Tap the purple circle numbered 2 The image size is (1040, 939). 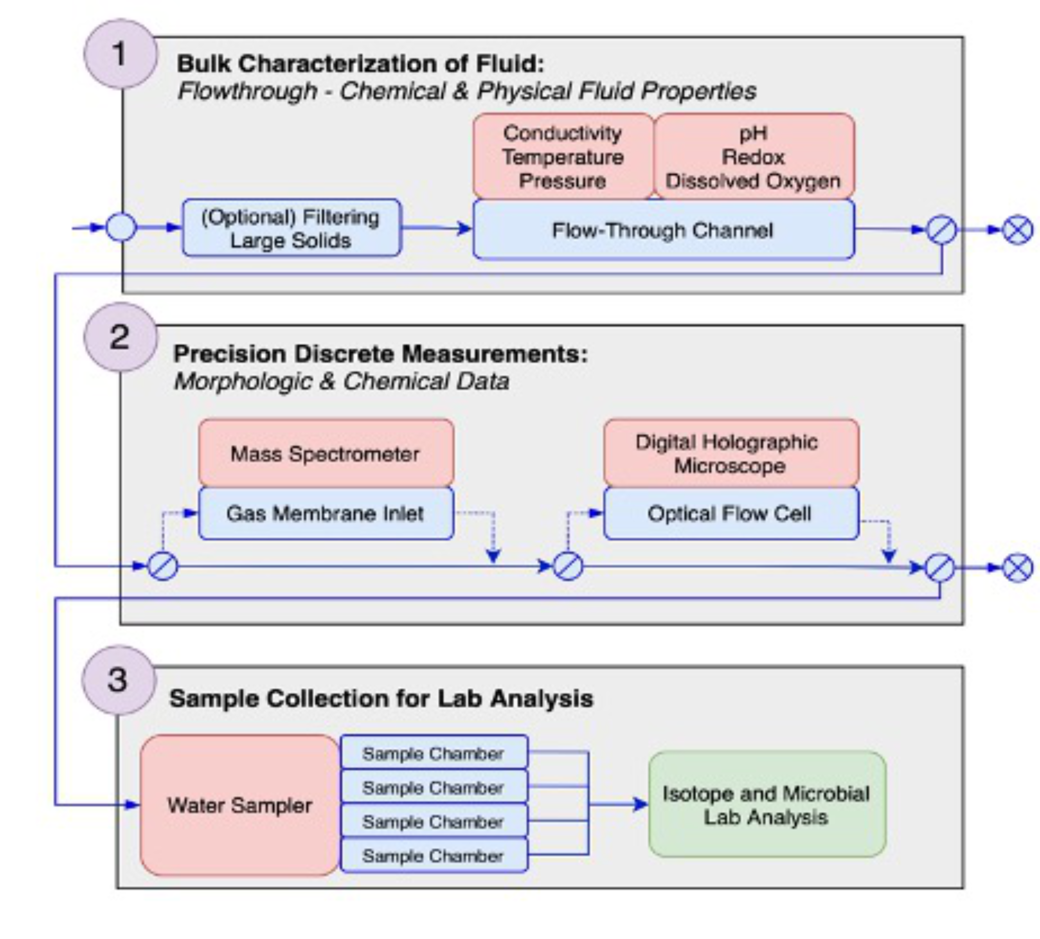pos(120,338)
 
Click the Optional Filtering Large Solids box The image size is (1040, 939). pos(291,229)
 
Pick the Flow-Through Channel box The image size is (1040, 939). pos(663,230)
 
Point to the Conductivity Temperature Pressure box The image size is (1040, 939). pos(562,157)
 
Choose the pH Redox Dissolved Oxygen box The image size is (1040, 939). pos(753,157)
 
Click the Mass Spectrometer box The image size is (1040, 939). pos(326,454)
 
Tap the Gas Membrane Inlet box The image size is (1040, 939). pos(326,514)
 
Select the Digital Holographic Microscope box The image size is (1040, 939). pos(731,454)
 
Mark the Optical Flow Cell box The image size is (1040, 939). pos(731,514)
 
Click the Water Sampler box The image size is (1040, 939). pos(240,805)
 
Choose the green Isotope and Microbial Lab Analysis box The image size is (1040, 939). pos(767,805)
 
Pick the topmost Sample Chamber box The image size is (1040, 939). pos(433,754)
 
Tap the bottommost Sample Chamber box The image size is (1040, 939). pos(433,856)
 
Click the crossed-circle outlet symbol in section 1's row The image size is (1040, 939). pos(1018,230)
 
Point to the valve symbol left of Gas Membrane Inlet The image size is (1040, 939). pos(163,566)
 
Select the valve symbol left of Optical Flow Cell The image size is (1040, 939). pos(568,566)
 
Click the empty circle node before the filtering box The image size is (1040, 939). pos(121,228)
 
